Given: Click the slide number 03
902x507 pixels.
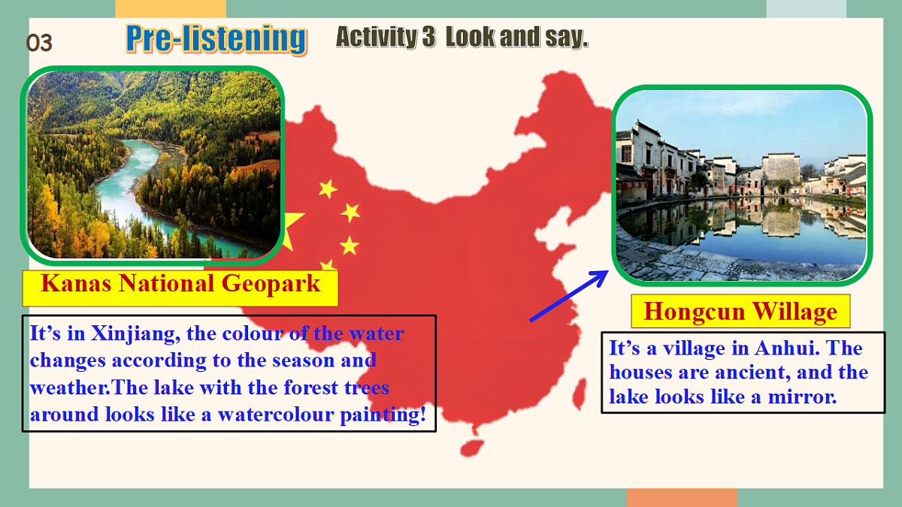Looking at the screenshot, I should tap(39, 44).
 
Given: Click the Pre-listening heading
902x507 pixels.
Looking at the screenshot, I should tap(216, 38).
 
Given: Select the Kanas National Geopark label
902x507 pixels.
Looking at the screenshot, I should tap(180, 285).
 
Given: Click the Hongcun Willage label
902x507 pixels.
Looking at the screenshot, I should tap(740, 311).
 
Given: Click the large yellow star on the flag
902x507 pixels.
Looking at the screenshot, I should tap(292, 229).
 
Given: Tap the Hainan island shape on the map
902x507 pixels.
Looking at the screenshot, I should tap(471, 447).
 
